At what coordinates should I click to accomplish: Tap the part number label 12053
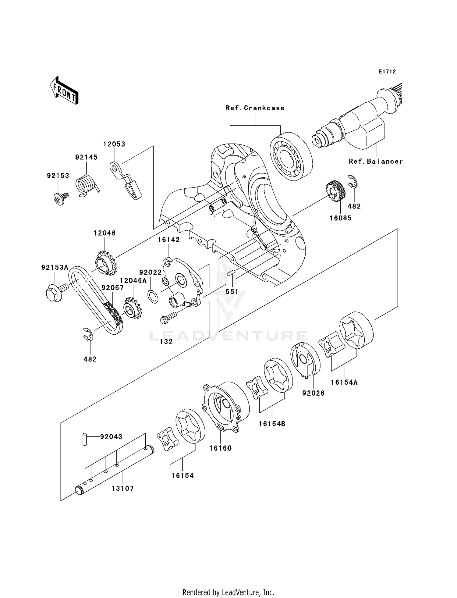tap(114, 144)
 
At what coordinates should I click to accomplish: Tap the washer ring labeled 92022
tap(153, 296)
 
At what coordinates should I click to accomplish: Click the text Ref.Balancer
tap(375, 161)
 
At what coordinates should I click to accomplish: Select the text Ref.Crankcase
tap(255, 108)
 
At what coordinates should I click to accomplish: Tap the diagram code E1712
tap(387, 72)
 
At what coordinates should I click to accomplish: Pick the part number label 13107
tap(122, 488)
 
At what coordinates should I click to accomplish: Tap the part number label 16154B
tap(272, 424)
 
